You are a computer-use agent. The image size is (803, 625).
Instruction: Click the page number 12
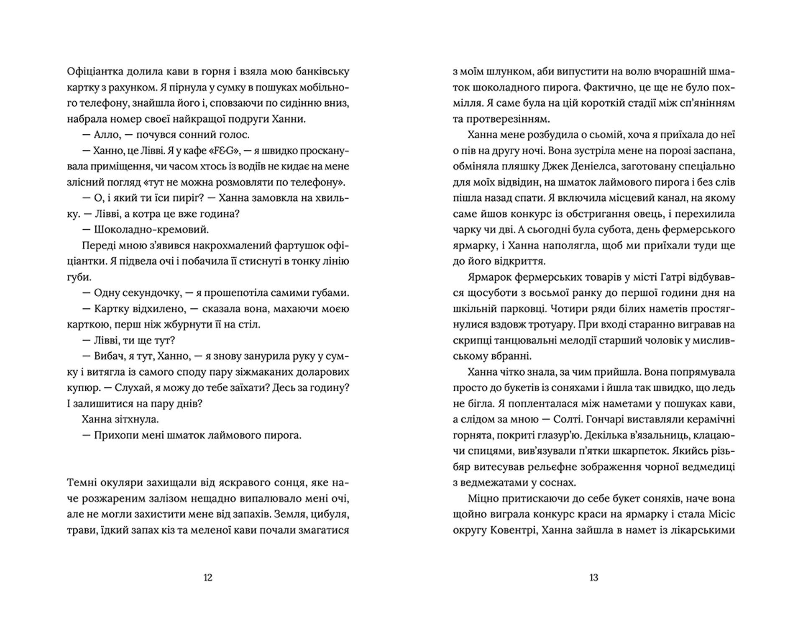pos(208,578)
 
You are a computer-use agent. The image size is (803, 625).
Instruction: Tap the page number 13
pos(594,578)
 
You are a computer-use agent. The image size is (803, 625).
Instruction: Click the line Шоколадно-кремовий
pos(151,230)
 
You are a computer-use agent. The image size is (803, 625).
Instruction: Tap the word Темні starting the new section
pos(82,483)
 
